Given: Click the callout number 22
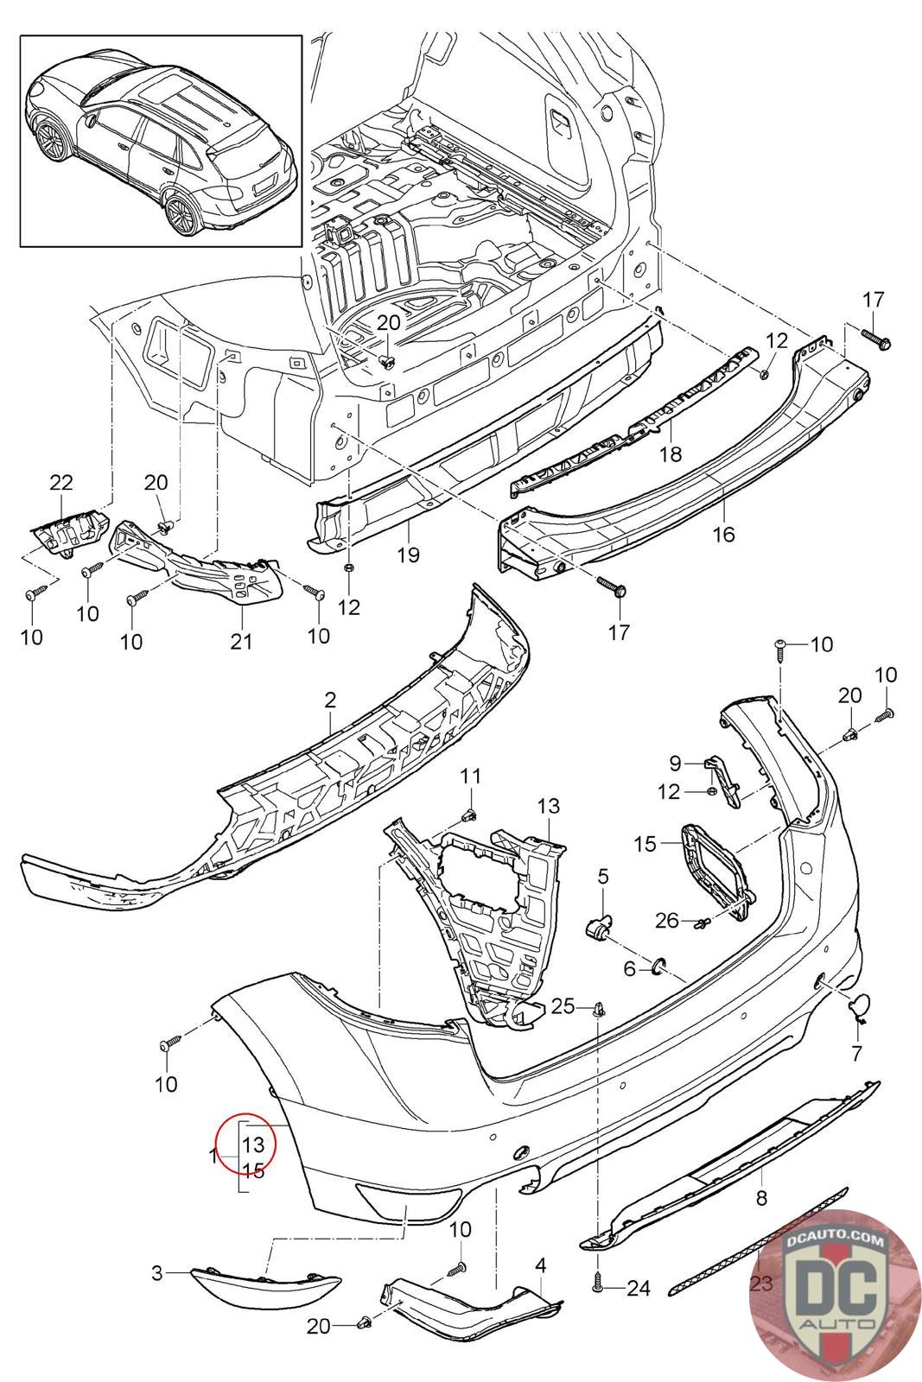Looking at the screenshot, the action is [61, 482].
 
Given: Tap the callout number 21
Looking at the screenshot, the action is [241, 642].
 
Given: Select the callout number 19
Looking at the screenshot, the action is [408, 555].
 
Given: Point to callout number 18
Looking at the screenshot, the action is [671, 454].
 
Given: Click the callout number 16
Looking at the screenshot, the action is [724, 534].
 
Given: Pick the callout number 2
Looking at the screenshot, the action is [330, 700].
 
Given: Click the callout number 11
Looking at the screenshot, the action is [471, 776].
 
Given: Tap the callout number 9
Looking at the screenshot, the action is [676, 764].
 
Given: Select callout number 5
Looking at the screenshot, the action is [603, 876].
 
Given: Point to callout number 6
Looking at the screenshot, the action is [629, 968].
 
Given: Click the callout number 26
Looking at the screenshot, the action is [667, 921].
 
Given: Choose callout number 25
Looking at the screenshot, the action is [563, 1007].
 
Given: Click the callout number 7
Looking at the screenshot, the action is [856, 1053].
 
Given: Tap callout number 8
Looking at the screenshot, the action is [761, 1198].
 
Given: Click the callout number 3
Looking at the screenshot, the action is [157, 1272].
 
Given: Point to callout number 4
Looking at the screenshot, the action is [541, 1265].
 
